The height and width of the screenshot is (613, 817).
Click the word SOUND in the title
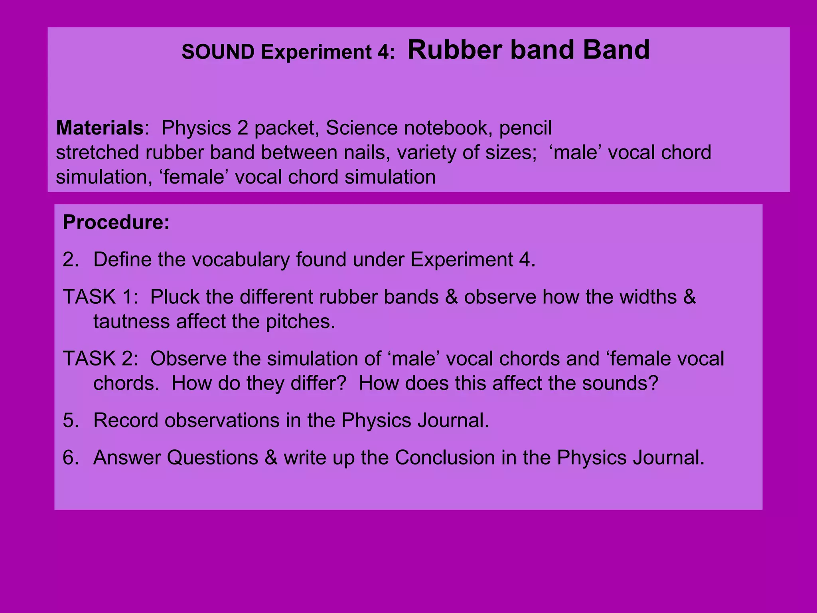218,52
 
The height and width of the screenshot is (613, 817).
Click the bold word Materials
99,128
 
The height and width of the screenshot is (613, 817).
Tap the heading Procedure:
116,222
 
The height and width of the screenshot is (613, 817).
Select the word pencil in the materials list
525,128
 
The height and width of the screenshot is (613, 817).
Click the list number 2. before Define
71,260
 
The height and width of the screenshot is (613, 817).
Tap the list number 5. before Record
71,420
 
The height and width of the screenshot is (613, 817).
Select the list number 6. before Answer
71,457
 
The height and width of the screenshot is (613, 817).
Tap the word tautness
132,322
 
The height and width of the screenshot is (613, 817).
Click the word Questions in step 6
212,457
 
